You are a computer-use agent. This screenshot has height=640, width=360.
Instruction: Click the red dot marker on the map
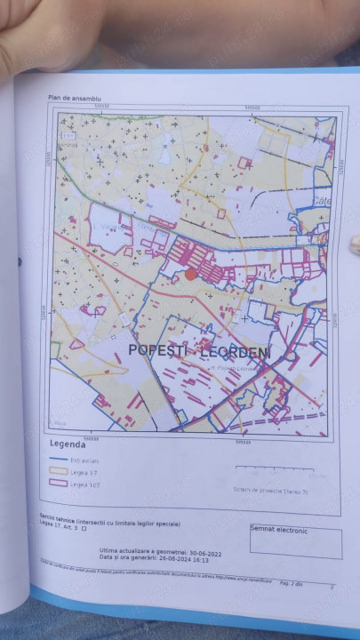(x=190, y=275)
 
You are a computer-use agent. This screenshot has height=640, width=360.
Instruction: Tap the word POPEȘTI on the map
(x=160, y=350)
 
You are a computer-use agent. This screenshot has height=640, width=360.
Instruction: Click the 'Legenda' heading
(x=68, y=443)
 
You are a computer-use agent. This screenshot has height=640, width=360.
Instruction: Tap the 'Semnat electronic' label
(x=278, y=530)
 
